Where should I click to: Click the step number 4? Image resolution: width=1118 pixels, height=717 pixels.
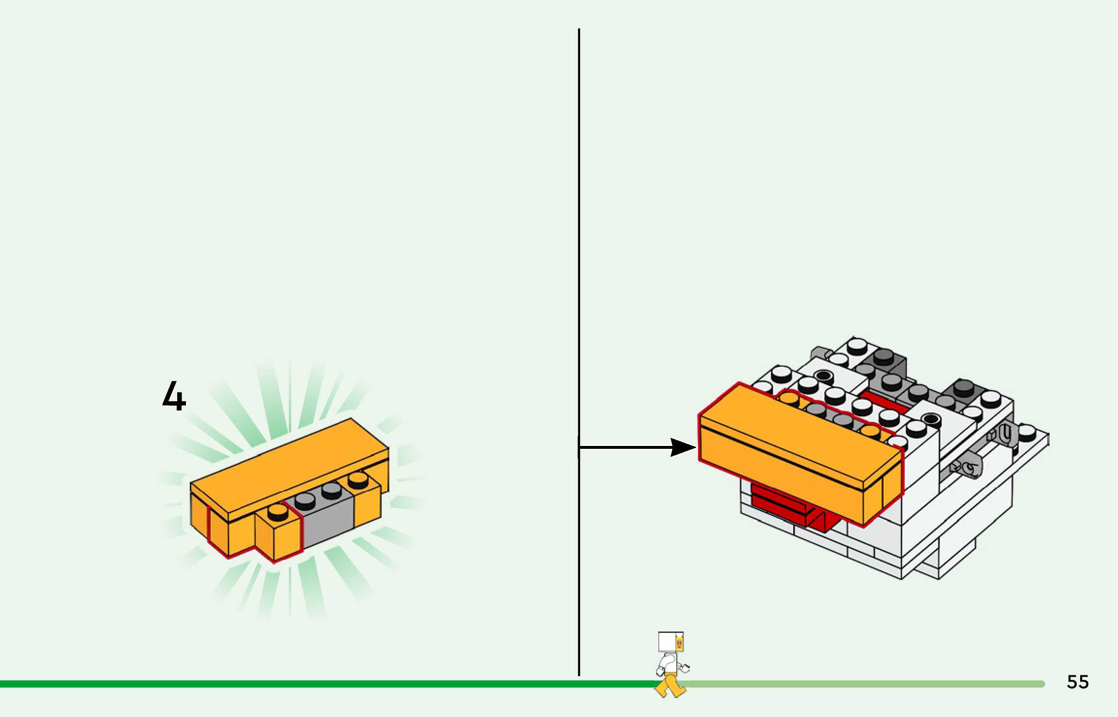click(x=174, y=396)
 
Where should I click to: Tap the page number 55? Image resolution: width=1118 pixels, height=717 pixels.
click(x=1078, y=682)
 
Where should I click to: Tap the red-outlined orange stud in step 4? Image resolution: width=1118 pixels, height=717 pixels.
click(x=277, y=511)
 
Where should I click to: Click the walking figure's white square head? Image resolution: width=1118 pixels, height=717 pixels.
click(x=667, y=642)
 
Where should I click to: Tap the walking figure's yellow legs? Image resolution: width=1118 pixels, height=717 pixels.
click(x=671, y=685)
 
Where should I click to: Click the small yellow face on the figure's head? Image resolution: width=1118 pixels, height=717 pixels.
click(x=680, y=644)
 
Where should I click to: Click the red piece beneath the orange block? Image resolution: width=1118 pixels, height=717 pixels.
click(x=782, y=505)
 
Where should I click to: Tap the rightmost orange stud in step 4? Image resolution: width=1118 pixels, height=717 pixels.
click(x=358, y=479)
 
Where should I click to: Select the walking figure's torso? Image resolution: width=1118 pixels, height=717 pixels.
click(x=668, y=663)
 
